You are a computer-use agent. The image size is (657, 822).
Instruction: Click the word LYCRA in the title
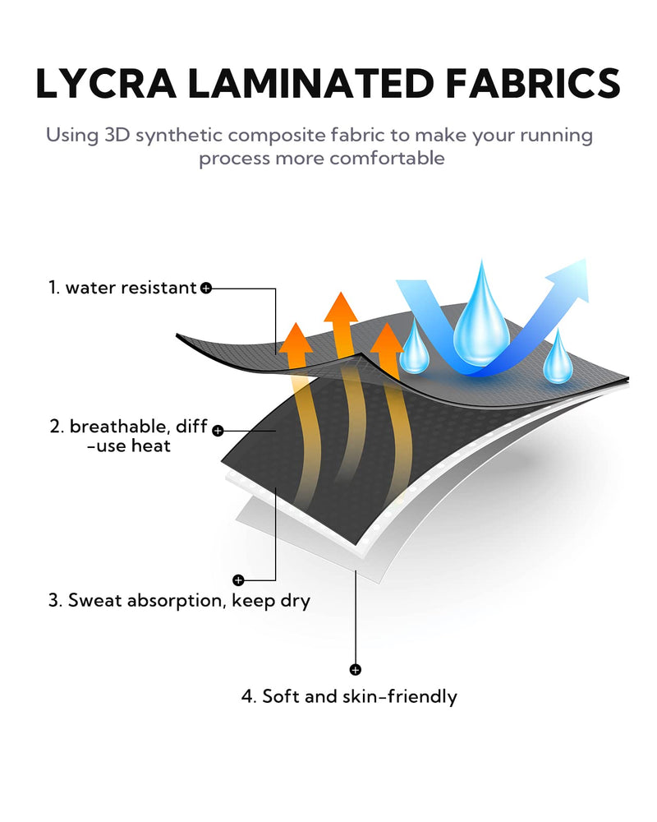pos(106,83)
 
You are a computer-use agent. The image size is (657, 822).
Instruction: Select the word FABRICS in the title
pos(533,83)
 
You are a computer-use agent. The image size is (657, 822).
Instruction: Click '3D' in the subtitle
pos(117,135)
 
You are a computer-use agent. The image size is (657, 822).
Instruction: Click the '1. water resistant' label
pos(122,287)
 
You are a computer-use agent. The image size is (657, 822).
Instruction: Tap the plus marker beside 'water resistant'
pos(206,288)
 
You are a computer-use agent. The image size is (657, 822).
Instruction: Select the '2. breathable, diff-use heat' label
pos(129,436)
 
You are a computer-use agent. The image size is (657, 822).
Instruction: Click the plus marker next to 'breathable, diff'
pos(218,431)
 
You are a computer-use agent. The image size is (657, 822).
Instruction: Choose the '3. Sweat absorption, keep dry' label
pos(179,600)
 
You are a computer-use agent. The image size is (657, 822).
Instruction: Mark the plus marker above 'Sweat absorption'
pos(238,580)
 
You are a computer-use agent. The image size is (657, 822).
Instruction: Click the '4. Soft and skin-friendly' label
pos(349,697)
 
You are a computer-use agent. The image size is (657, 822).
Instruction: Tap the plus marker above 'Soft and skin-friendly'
pos(356,669)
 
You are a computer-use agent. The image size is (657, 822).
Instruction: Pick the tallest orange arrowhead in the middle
pos(341,307)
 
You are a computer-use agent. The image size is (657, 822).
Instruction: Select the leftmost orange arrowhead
pos(296,338)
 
